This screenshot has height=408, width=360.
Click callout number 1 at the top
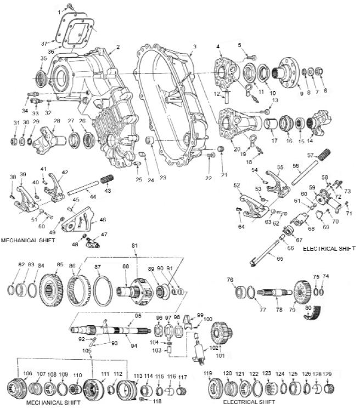click(58, 12)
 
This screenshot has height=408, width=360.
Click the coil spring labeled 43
click(107, 180)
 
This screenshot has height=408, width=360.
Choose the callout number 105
click(87, 350)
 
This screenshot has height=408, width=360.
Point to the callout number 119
click(207, 374)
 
